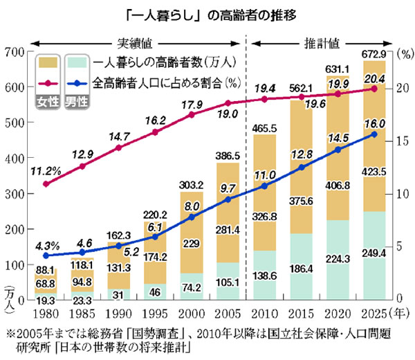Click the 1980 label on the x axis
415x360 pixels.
(45, 312)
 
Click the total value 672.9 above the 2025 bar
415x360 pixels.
(374, 53)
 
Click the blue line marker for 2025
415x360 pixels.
(374, 134)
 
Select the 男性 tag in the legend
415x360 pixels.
(76, 101)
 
